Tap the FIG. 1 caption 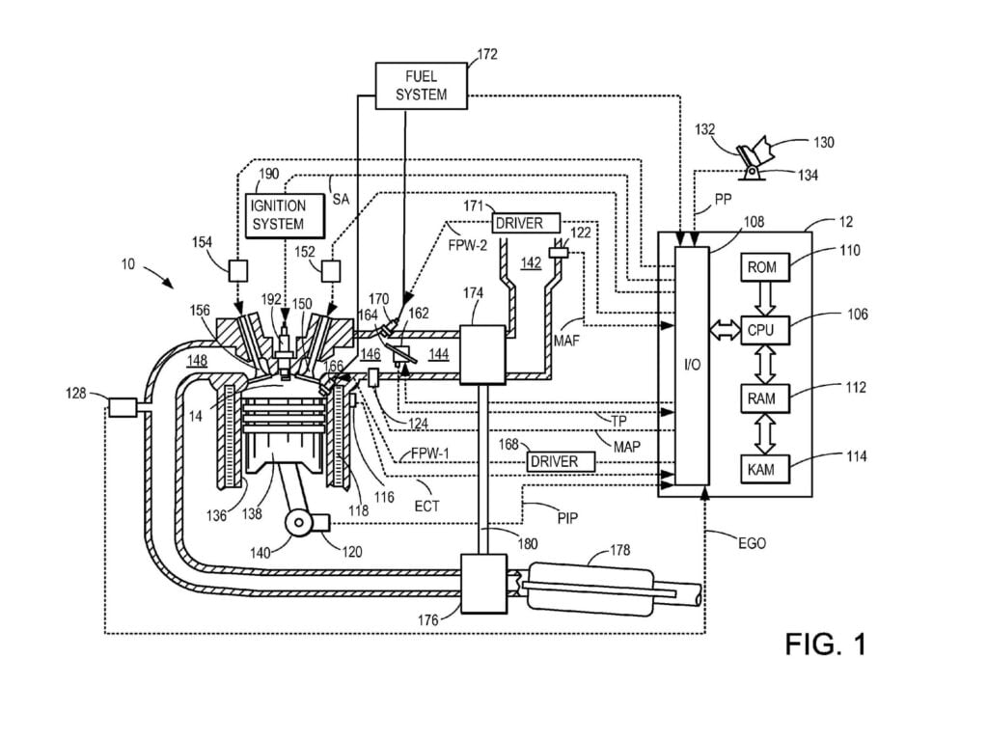[825, 644]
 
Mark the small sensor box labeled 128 [122, 407]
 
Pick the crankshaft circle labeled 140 [300, 522]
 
